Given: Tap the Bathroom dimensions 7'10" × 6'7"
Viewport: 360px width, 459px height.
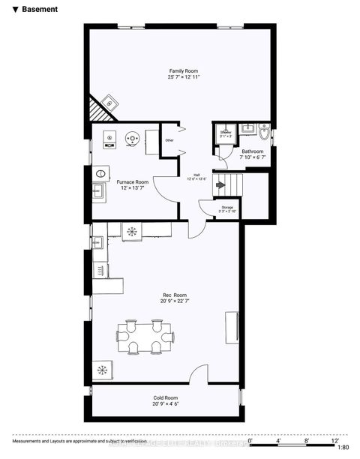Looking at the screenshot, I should pyautogui.click(x=252, y=157).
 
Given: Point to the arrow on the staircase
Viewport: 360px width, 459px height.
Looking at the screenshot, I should pyautogui.click(x=220, y=184).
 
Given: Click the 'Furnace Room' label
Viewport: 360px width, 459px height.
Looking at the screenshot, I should pyautogui.click(x=132, y=182).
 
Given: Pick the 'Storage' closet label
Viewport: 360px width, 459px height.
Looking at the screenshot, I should pyautogui.click(x=226, y=207).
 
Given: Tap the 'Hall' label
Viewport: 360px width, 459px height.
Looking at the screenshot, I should pyautogui.click(x=196, y=174).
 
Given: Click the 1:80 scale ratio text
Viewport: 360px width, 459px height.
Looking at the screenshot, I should pyautogui.click(x=344, y=447).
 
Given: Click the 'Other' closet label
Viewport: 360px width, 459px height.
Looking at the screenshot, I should pyautogui.click(x=169, y=140).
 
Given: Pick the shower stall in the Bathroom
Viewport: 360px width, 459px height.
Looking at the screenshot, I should pyautogui.click(x=225, y=133).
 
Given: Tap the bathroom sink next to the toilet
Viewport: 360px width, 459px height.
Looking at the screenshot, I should pyautogui.click(x=249, y=128).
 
